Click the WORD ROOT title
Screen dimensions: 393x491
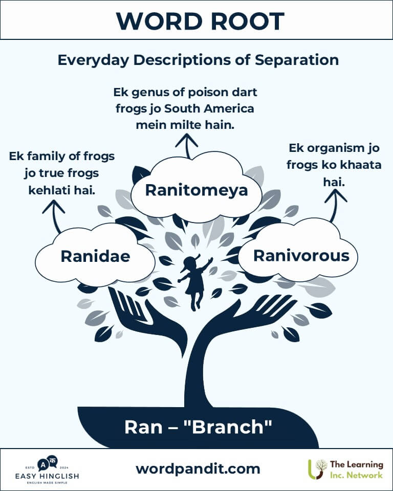coord(200,21)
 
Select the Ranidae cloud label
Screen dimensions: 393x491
coord(95,256)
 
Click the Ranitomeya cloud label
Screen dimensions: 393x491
coord(196,190)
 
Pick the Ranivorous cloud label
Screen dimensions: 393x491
coord(301,256)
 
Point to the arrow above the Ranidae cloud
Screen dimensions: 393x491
coord(55,216)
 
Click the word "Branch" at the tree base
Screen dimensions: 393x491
coord(232,427)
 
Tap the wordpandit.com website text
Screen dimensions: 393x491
coord(198,469)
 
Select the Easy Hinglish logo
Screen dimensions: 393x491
coord(47,470)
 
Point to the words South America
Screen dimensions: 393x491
coord(209,108)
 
